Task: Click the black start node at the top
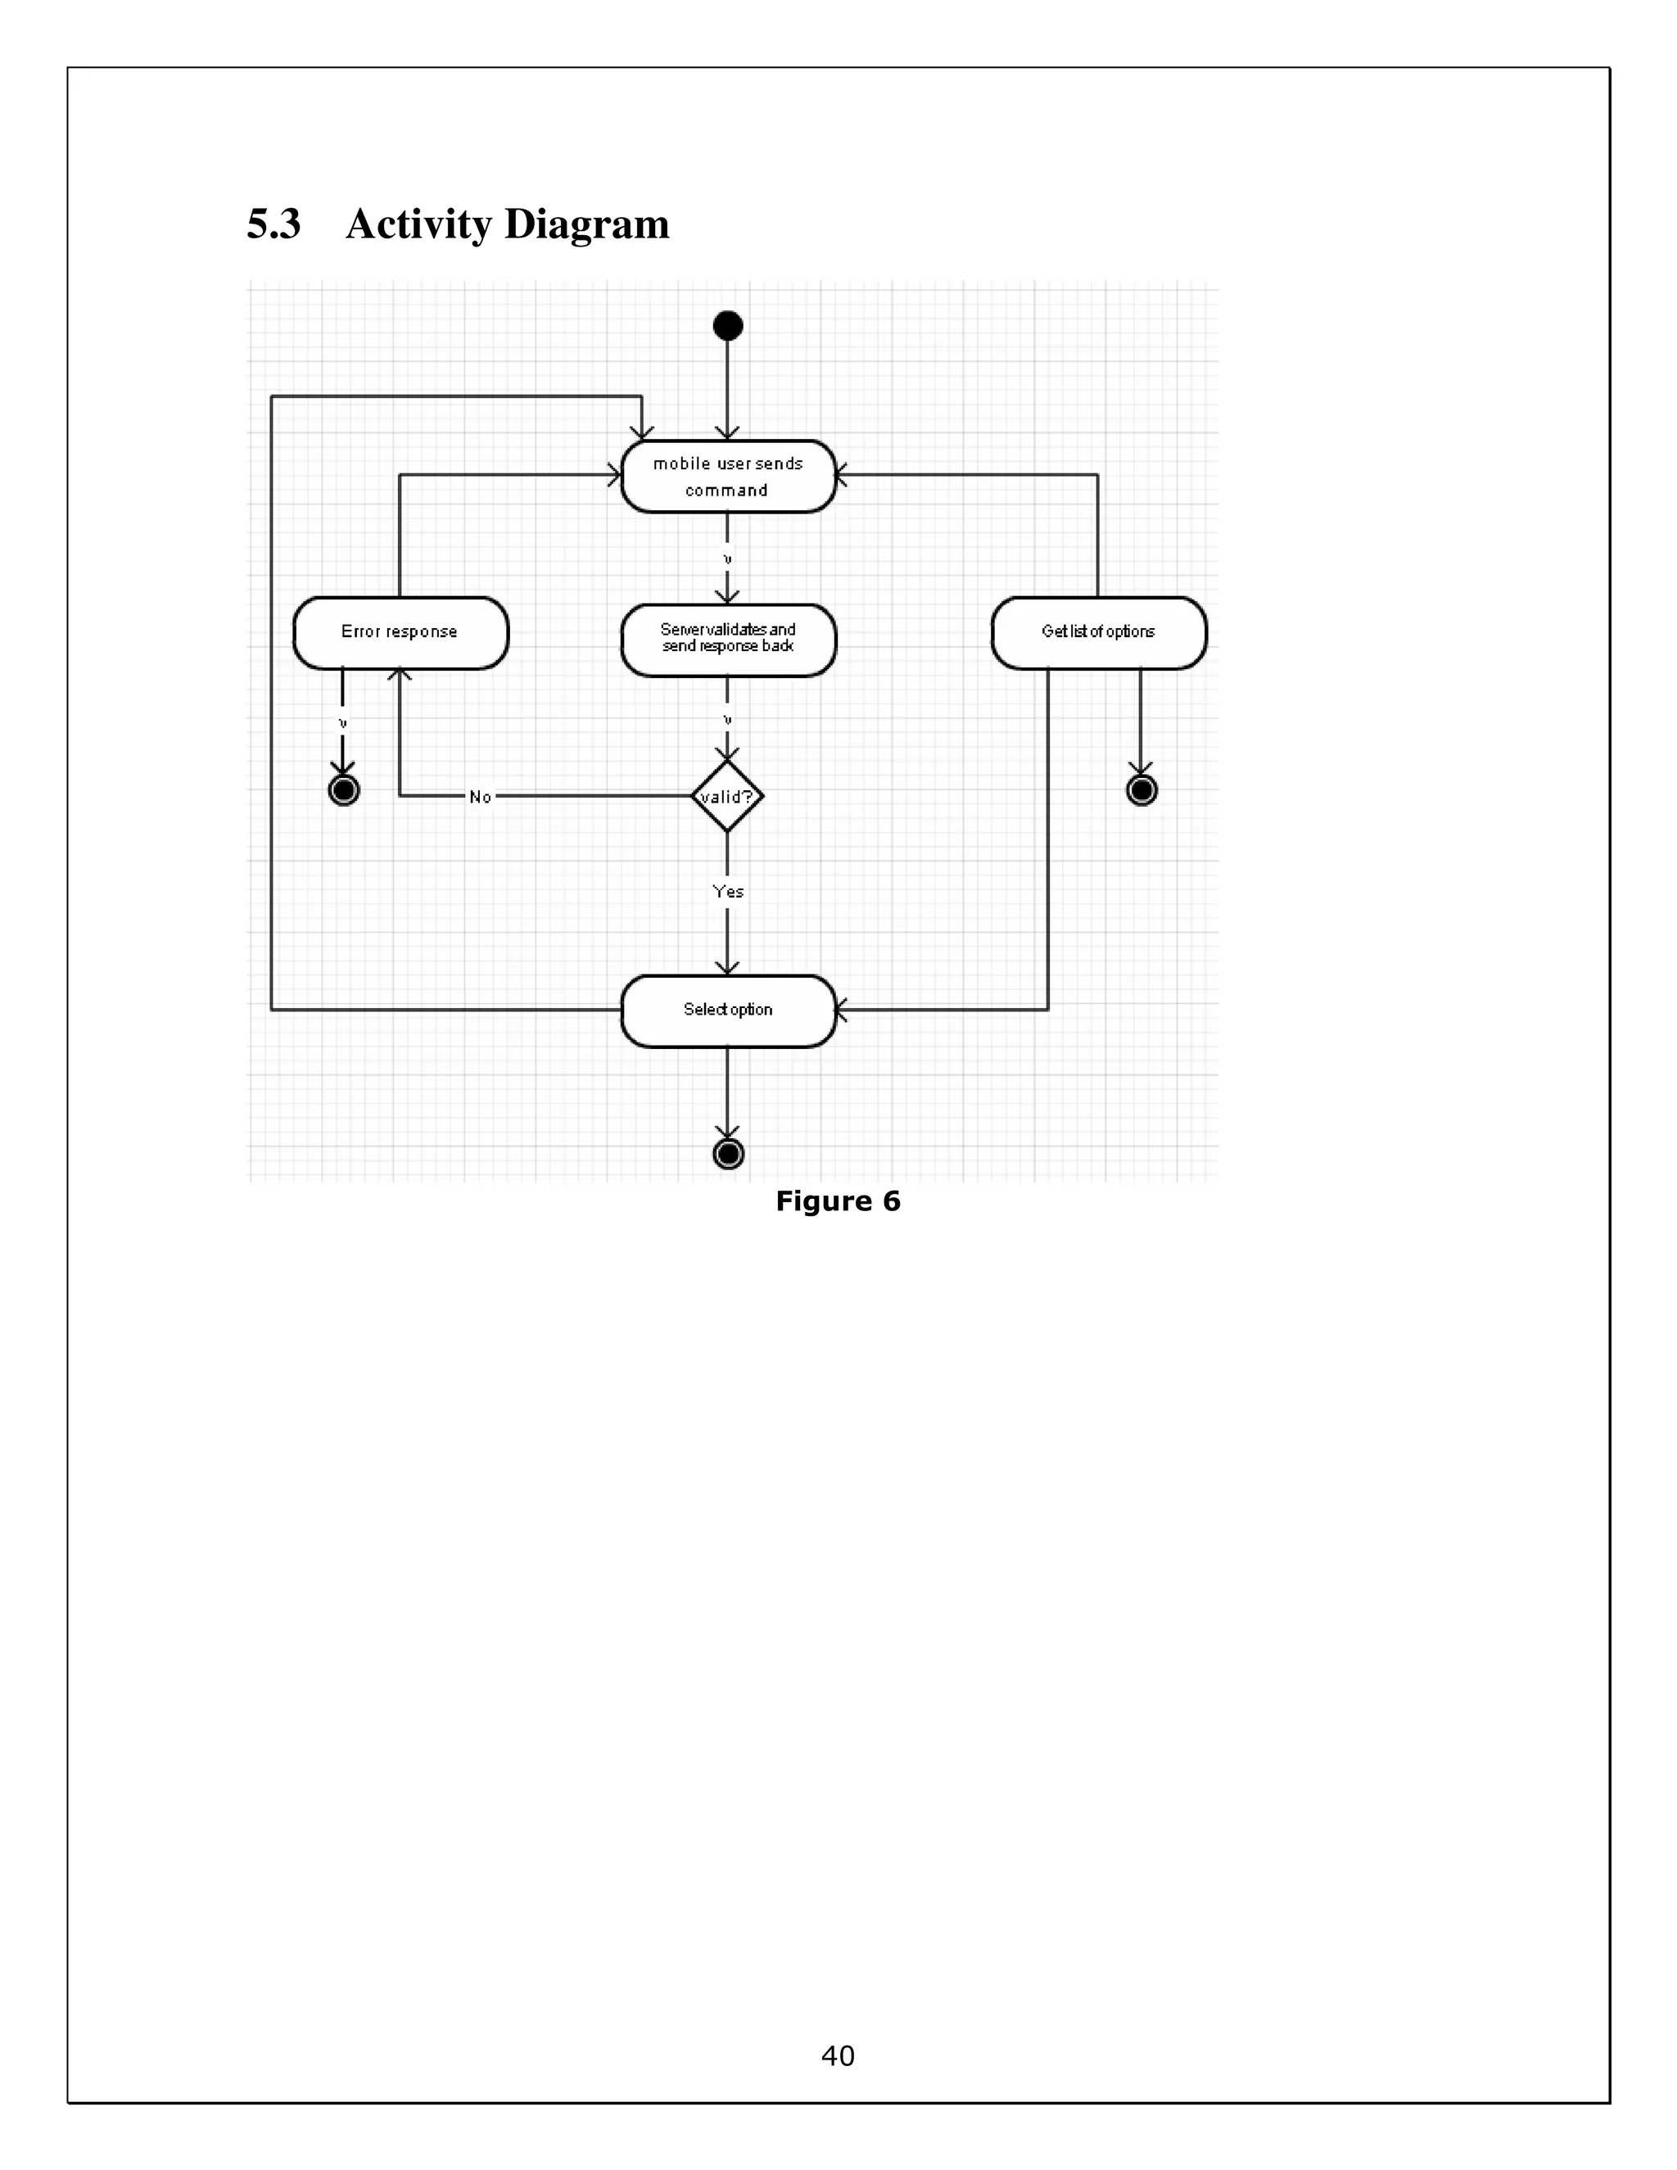click(x=728, y=326)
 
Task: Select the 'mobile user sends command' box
click(x=728, y=477)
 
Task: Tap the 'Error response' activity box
click(x=400, y=633)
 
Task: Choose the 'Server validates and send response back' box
click(x=728, y=639)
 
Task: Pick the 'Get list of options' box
click(x=1099, y=633)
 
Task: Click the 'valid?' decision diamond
click(x=727, y=796)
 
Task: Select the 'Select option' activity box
click(x=728, y=1010)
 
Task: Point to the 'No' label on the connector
click(x=481, y=797)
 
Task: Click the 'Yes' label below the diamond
click(x=728, y=891)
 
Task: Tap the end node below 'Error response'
click(x=344, y=790)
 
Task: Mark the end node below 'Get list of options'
click(x=1141, y=790)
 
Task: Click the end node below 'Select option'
click(x=728, y=1154)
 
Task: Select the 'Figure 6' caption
click(x=838, y=1201)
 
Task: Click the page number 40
click(x=838, y=2055)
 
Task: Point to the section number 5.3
click(x=273, y=224)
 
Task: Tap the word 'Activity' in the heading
click(x=418, y=224)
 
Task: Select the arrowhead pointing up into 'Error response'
click(x=400, y=676)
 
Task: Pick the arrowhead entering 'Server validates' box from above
click(x=727, y=596)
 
